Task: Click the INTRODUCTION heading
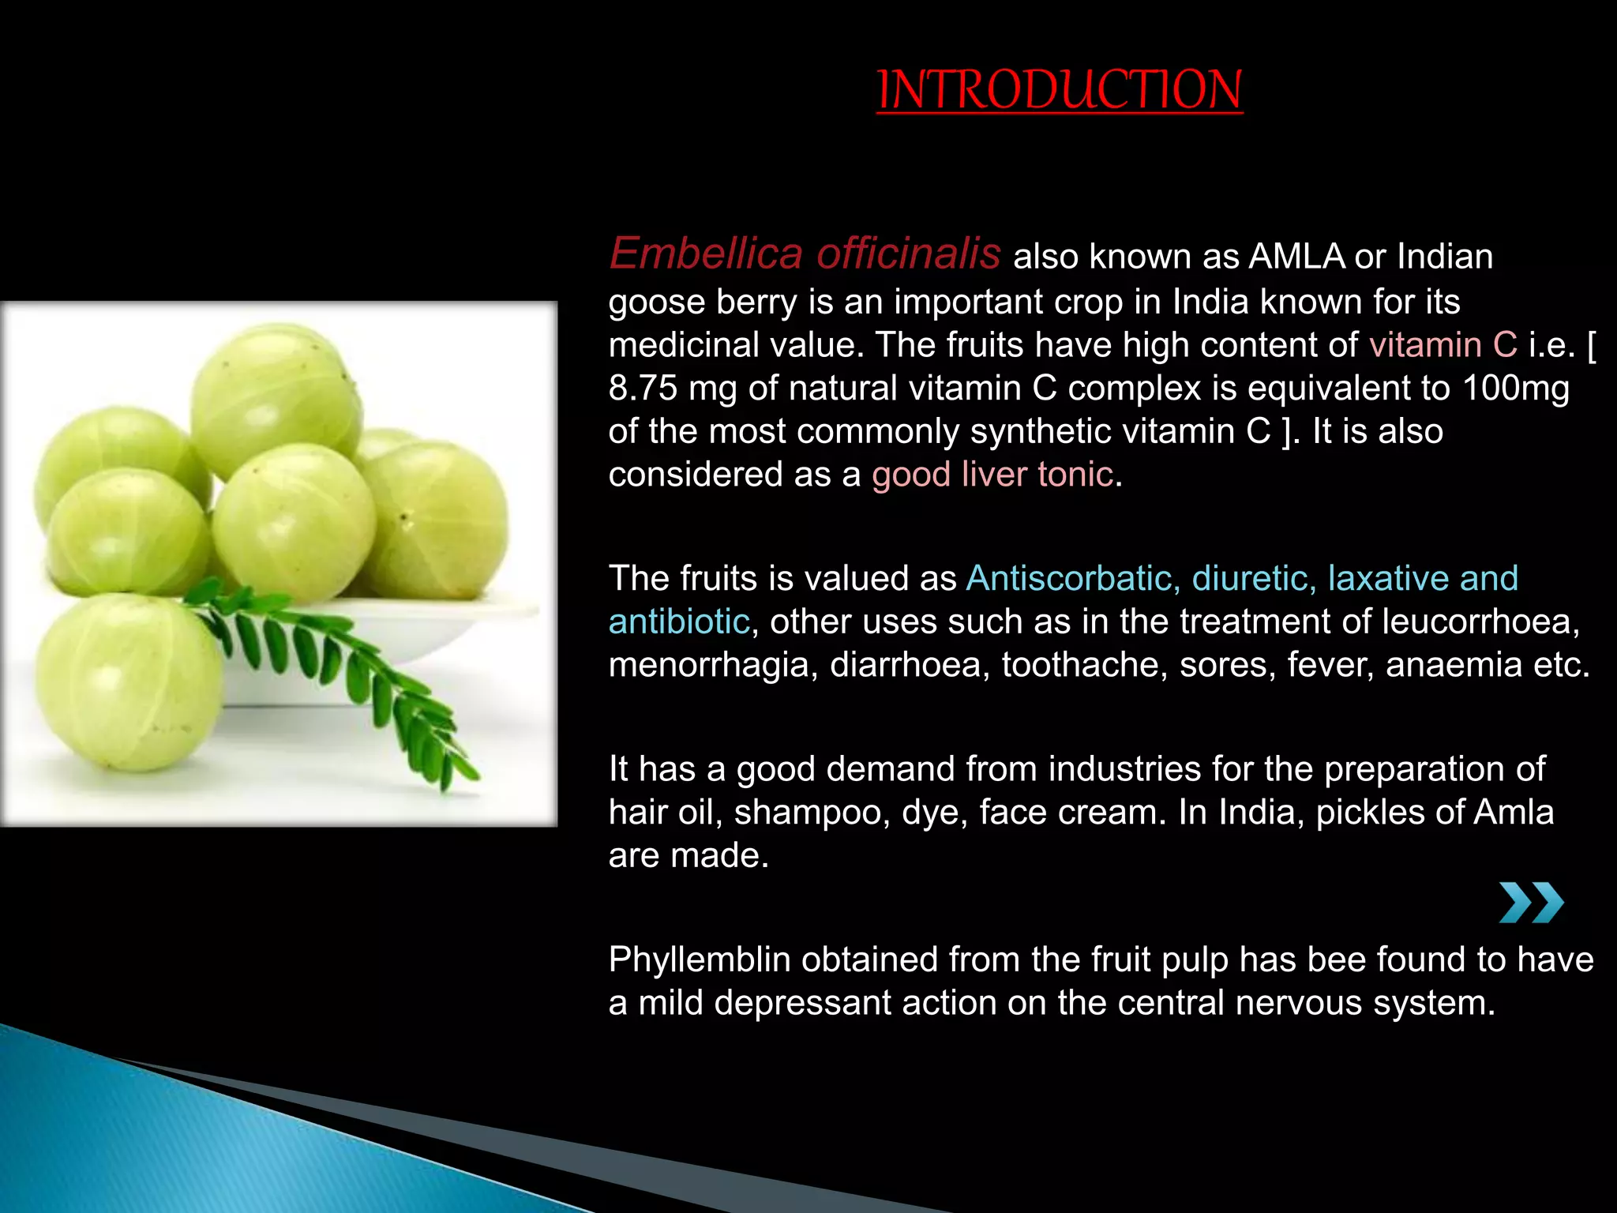click(x=1060, y=90)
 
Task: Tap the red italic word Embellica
click(x=706, y=254)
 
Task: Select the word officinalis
click(x=908, y=254)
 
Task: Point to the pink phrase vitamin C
click(x=1443, y=345)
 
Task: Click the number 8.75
click(x=643, y=389)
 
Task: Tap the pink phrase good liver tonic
click(x=992, y=475)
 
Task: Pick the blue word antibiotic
click(x=678, y=622)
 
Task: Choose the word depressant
click(x=803, y=1003)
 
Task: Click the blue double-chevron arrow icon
click(x=1531, y=903)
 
